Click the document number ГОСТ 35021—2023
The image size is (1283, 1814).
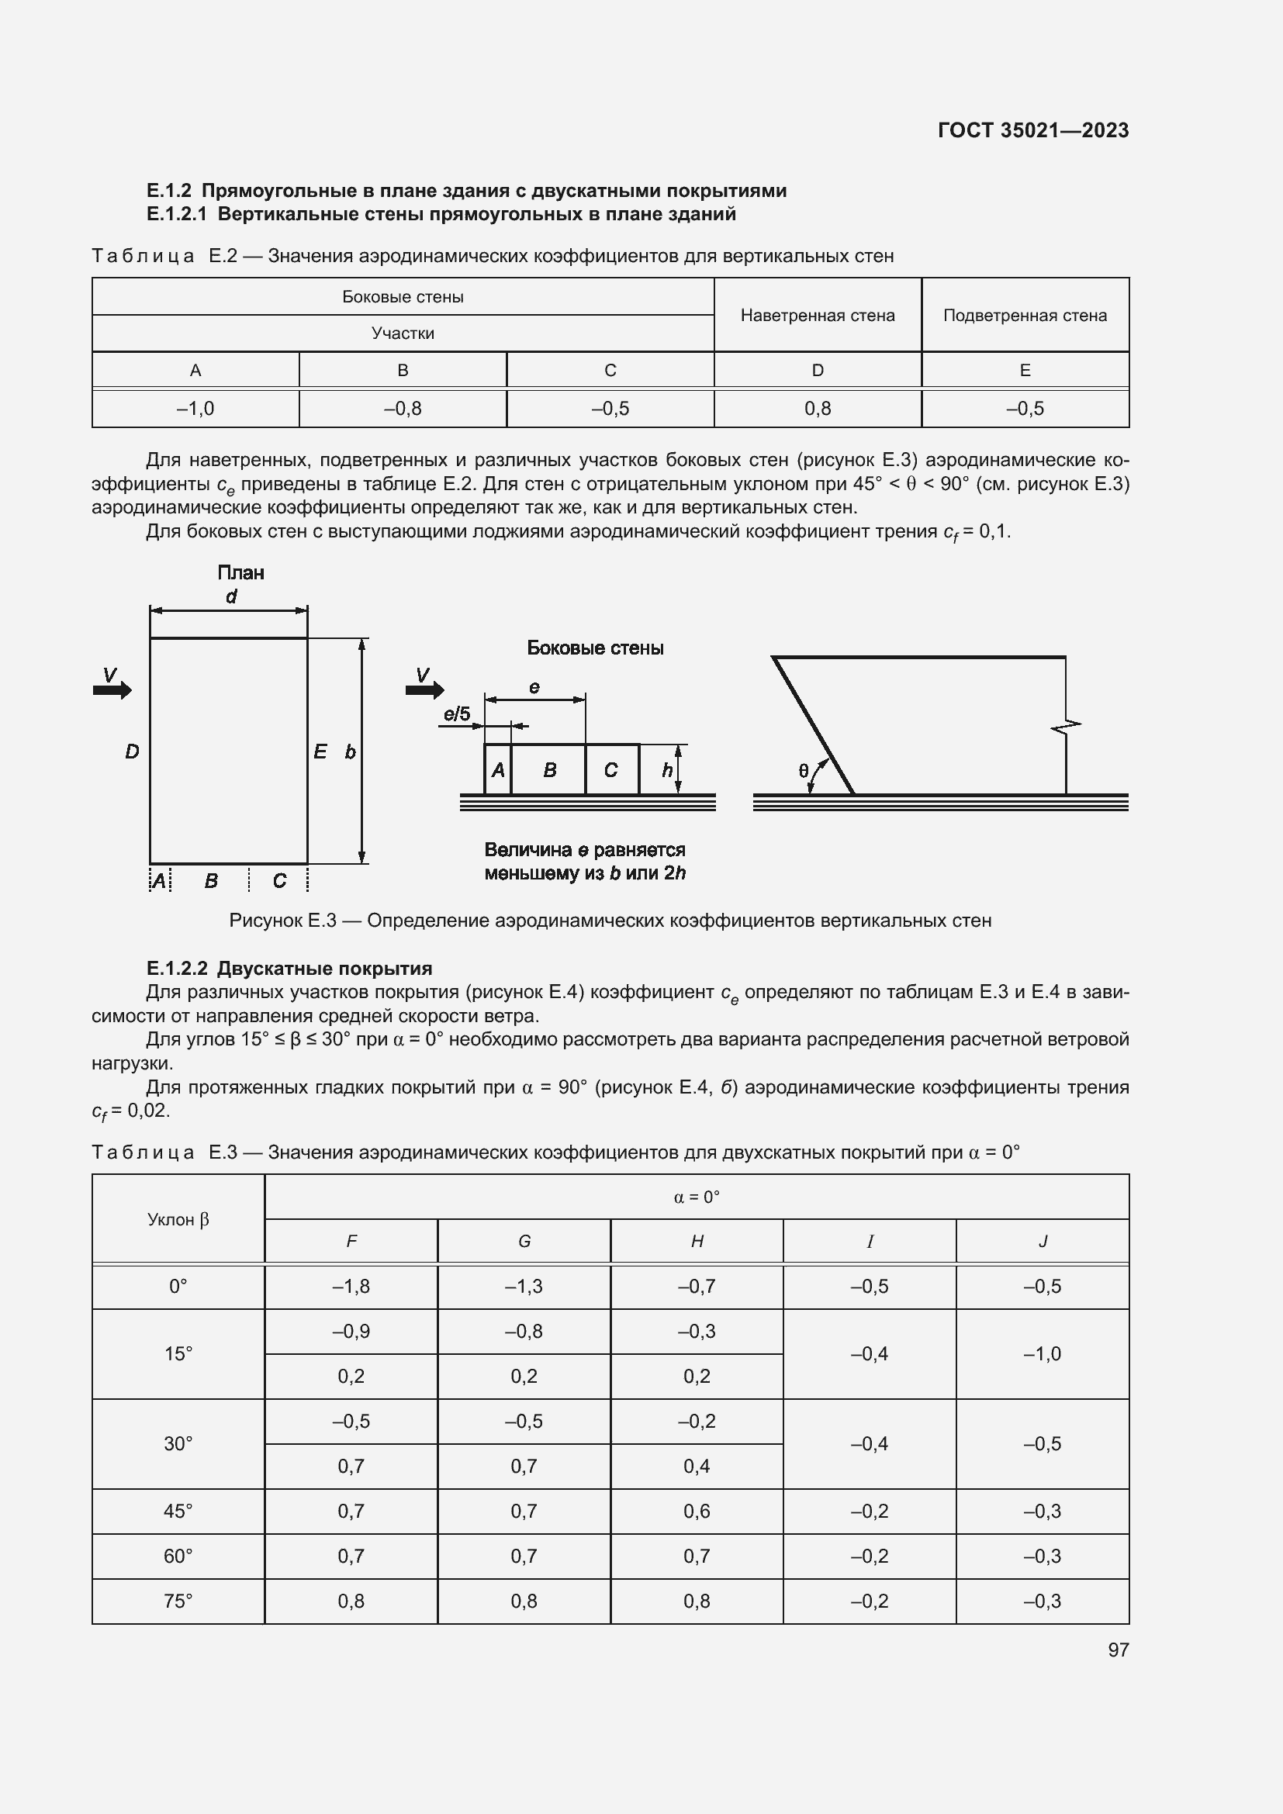(x=1032, y=130)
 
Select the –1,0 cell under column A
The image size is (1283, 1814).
(x=195, y=409)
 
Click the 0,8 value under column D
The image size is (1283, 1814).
(x=817, y=409)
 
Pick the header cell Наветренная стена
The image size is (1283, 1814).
(x=817, y=315)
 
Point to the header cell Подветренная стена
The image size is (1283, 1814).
(x=1025, y=315)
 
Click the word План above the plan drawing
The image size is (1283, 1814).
(x=240, y=573)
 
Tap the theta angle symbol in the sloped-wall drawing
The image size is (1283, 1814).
(x=804, y=771)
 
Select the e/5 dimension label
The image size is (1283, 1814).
(x=457, y=715)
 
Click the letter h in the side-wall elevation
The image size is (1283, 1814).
(x=667, y=770)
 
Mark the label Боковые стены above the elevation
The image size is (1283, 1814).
(x=595, y=648)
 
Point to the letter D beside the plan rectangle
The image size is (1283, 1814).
(x=132, y=752)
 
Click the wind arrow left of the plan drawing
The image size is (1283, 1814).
(x=112, y=689)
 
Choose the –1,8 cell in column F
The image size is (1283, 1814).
(x=351, y=1286)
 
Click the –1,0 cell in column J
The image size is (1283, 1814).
(x=1042, y=1353)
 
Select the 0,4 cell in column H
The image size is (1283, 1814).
(x=696, y=1467)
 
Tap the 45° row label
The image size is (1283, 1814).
(x=178, y=1512)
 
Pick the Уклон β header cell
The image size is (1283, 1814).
(x=178, y=1219)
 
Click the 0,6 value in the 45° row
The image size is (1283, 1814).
(x=696, y=1512)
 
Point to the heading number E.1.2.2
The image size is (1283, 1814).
(x=177, y=969)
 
